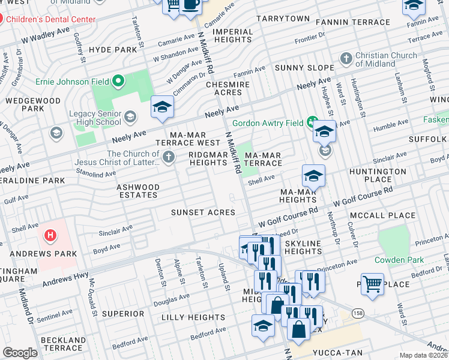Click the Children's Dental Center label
51,19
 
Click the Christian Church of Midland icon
346,59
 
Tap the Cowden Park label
400,260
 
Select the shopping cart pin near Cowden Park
372,284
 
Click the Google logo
20,353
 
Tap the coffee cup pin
191,5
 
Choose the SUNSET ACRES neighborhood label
203,212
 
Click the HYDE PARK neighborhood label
113,50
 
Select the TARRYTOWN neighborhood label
283,19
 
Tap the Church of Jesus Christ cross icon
169,158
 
